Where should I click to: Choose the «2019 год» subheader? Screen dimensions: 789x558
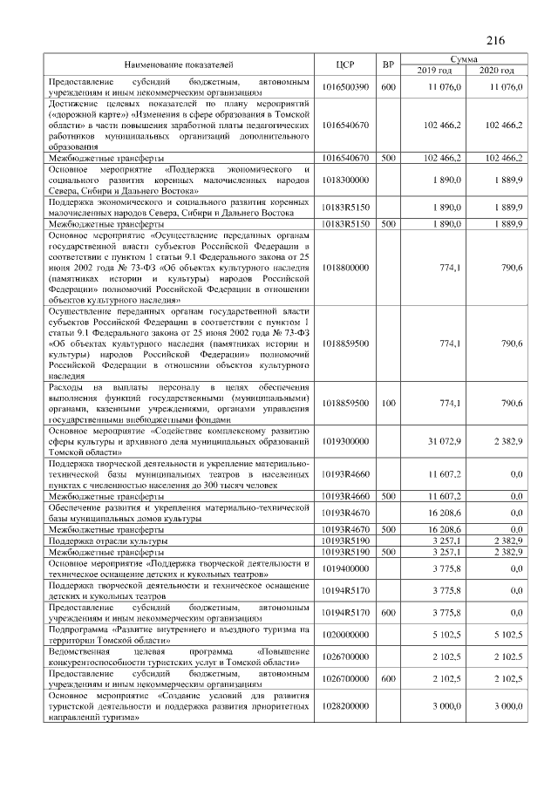[x=433, y=70]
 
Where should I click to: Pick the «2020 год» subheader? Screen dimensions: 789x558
[x=496, y=70]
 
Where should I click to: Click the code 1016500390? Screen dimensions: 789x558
[x=345, y=87]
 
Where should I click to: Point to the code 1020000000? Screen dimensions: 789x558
[x=345, y=635]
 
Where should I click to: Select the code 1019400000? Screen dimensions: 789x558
[x=345, y=569]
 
